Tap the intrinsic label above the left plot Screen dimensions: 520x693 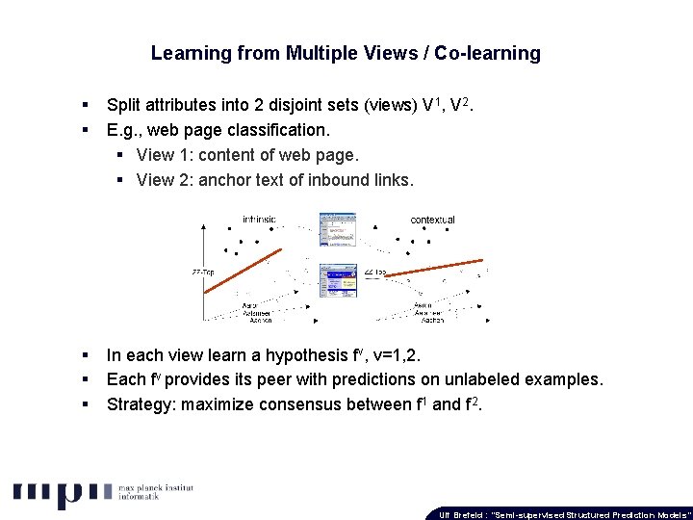(259, 219)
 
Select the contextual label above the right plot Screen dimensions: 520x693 (432, 220)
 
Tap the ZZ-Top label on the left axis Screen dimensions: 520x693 (202, 273)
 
